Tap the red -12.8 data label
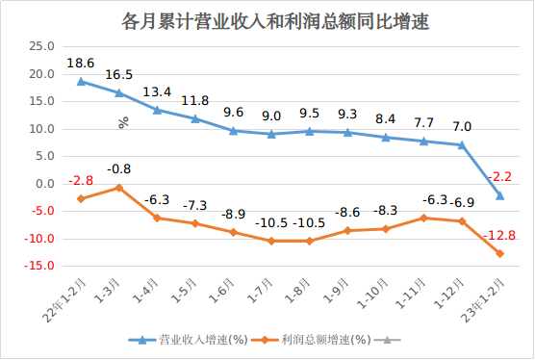[x=500, y=235]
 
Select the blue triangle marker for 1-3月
[x=119, y=92]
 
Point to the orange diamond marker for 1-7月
[x=271, y=241]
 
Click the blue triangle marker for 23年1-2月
[x=500, y=195]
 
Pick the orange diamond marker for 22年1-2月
[x=81, y=198]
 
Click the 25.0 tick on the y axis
[x=41, y=46]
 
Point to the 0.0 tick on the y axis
[x=45, y=184]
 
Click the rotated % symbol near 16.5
[x=123, y=122]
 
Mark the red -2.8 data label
[x=81, y=180]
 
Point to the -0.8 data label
[x=119, y=169]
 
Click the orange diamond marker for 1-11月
[x=424, y=219]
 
